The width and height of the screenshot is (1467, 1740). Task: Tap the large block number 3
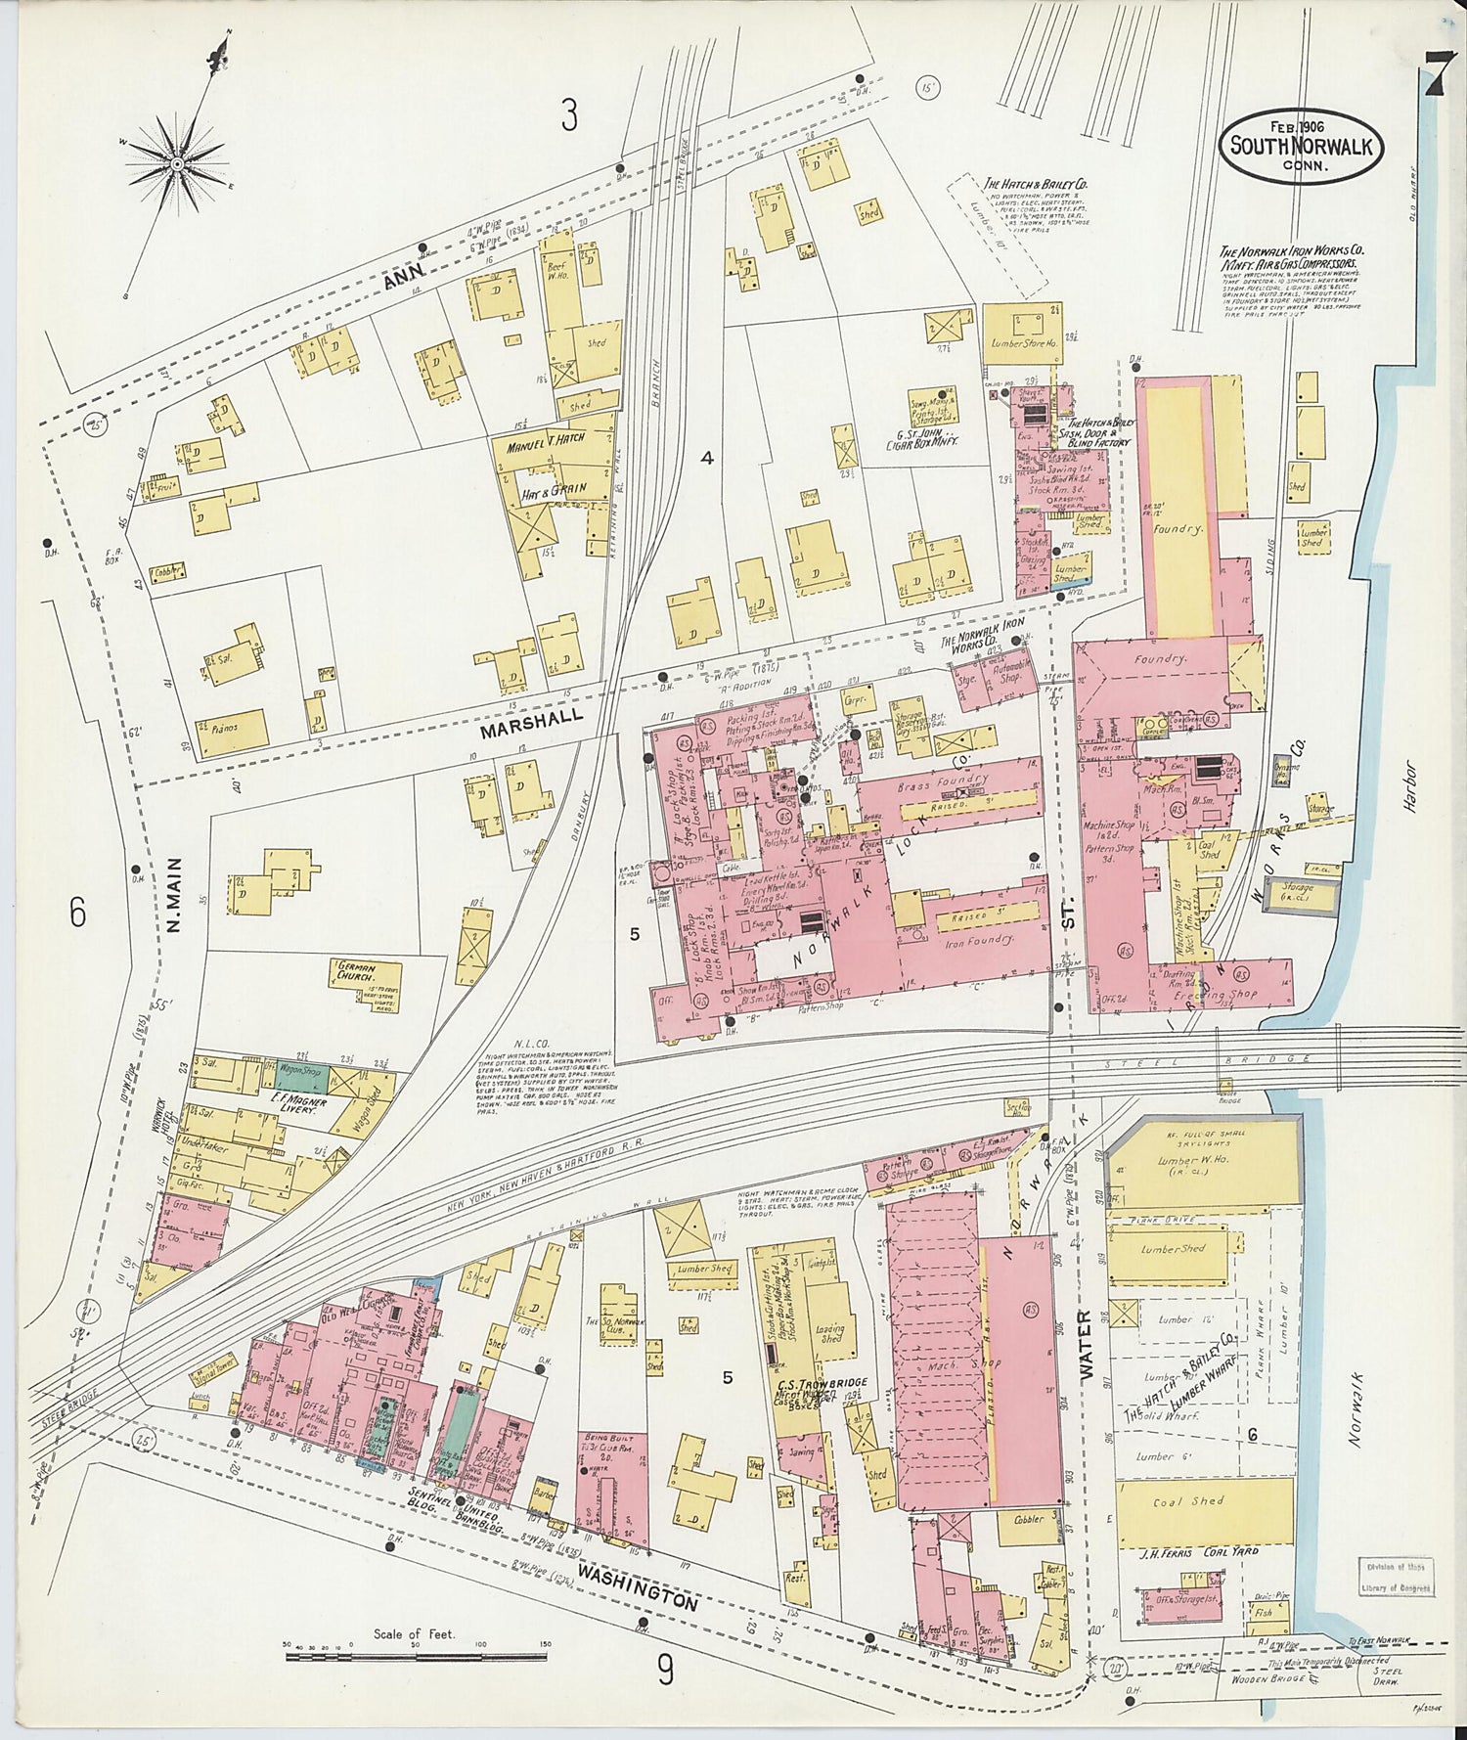(568, 116)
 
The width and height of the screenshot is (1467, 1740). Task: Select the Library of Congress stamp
(1395, 1577)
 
